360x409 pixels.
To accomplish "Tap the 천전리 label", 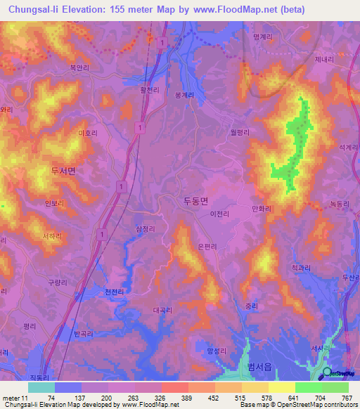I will click(x=114, y=292).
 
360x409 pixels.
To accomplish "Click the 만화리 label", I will click(x=261, y=209).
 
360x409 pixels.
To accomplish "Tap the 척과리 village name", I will click(x=301, y=267).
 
